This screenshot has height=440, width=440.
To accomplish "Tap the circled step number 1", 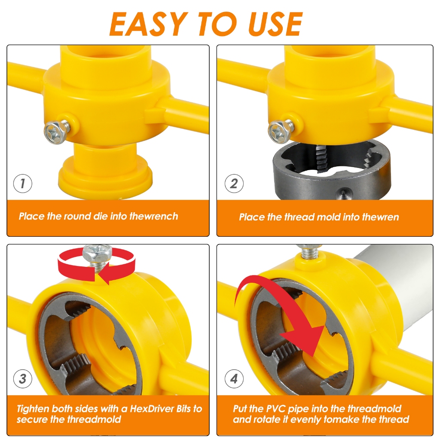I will pos(22,184).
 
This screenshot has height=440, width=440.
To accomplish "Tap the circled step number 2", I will pos(234,184).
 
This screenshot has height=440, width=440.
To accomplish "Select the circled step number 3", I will pos(22,379).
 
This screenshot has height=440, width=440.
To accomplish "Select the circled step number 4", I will pos(234,379).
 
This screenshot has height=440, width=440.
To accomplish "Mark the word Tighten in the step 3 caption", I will pos(33,409).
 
